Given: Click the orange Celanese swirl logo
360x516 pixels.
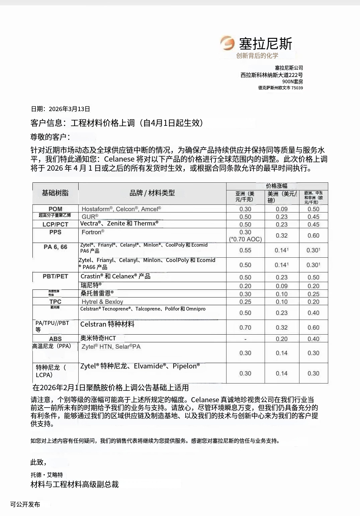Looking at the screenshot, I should click(x=228, y=43).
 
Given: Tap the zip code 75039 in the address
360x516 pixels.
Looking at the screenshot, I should click(x=297, y=88).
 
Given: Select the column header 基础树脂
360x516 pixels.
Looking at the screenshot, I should click(x=55, y=193).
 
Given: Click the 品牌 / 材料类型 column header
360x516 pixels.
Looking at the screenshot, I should click(x=152, y=193).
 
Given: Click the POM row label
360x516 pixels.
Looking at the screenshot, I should click(x=55, y=209).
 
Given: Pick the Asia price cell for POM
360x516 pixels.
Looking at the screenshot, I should click(x=245, y=209).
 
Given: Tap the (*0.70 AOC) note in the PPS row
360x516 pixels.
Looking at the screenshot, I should click(x=245, y=239).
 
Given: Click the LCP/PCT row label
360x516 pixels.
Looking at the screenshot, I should click(x=55, y=225).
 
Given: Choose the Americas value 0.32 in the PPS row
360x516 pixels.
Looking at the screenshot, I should click(x=282, y=236).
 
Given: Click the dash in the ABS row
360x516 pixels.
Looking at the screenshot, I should click(x=245, y=339).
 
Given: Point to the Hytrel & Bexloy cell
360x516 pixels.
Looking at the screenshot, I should click(x=102, y=302).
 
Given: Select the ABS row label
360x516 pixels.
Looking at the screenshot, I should click(x=55, y=339).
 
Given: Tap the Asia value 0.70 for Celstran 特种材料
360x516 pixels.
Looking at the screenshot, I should click(x=245, y=328).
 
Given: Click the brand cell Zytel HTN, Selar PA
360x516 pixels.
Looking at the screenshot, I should click(x=111, y=347).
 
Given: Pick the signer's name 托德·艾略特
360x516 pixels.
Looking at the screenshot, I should click(x=47, y=475).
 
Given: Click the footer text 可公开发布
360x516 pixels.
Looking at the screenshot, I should click(x=25, y=504).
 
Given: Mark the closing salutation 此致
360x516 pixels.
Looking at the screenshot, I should click(x=38, y=462).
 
